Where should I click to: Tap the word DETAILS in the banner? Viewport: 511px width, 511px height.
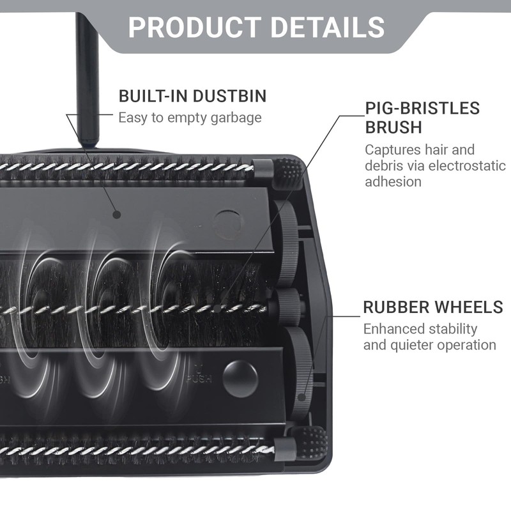coord(328,27)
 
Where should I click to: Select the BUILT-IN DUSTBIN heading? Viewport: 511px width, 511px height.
coord(192,96)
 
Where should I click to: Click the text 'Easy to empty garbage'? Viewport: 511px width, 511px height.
coord(190,118)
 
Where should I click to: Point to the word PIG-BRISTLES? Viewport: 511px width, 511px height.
coord(422,108)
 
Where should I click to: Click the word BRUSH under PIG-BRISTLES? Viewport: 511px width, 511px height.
coord(393,127)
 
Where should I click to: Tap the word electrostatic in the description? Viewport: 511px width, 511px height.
coord(467,165)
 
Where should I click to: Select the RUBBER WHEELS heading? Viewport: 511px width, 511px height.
coord(433,307)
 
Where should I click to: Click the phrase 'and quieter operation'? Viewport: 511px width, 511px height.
coord(429,345)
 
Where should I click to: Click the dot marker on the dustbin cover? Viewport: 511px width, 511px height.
coord(117,215)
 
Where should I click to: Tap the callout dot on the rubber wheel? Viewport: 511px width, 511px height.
coord(302,397)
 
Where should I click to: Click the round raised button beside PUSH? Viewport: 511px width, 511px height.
coord(241,379)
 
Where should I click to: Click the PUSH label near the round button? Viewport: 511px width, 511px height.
coord(199,379)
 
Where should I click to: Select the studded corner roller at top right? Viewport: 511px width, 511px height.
coord(287,174)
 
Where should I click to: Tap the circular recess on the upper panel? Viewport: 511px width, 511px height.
coord(229,224)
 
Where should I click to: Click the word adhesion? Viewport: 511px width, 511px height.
coord(393,181)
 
